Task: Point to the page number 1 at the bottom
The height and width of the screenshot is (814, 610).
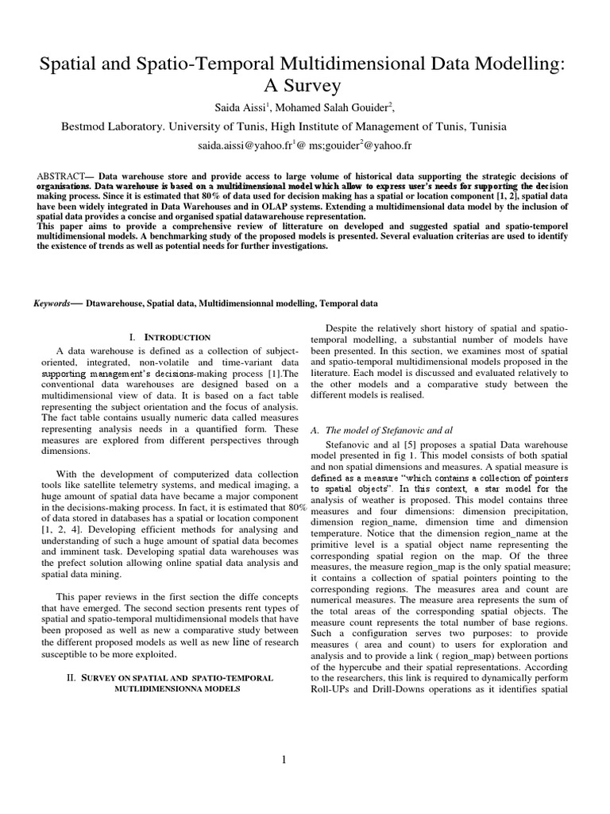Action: click(304, 760)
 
